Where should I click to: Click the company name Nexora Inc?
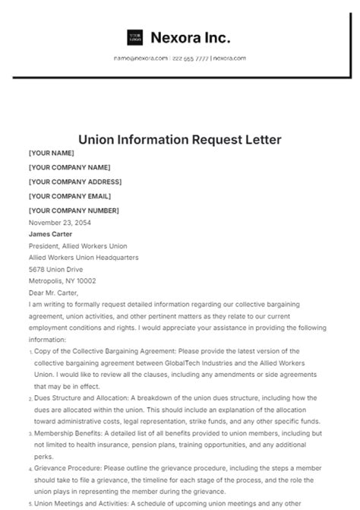click(x=191, y=38)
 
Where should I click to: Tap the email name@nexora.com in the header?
click(x=141, y=58)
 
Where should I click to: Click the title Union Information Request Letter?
click(x=180, y=140)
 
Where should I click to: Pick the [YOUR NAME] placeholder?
click(x=51, y=154)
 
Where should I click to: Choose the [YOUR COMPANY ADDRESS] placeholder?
click(x=74, y=182)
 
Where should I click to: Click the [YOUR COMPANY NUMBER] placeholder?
click(x=73, y=210)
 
